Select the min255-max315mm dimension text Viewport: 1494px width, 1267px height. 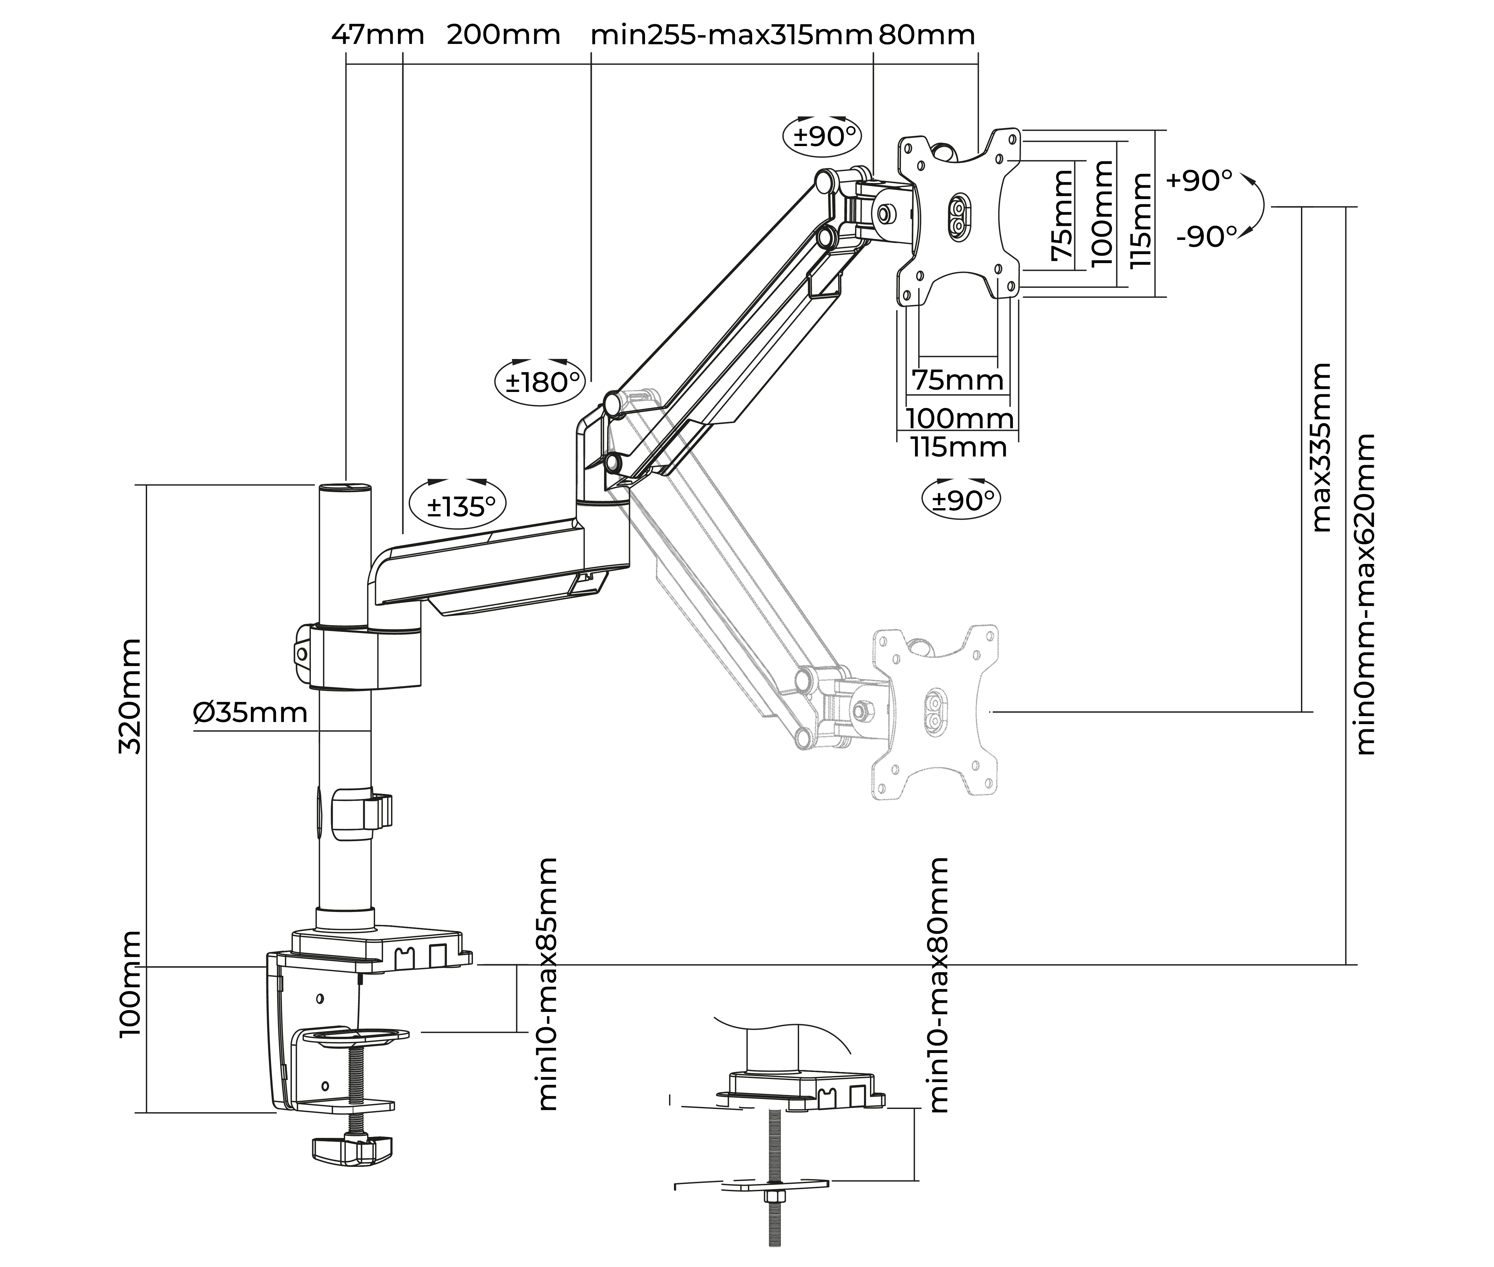pos(731,35)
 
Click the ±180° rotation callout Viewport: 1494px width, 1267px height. pos(541,382)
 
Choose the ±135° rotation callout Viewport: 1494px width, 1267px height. pos(458,506)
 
